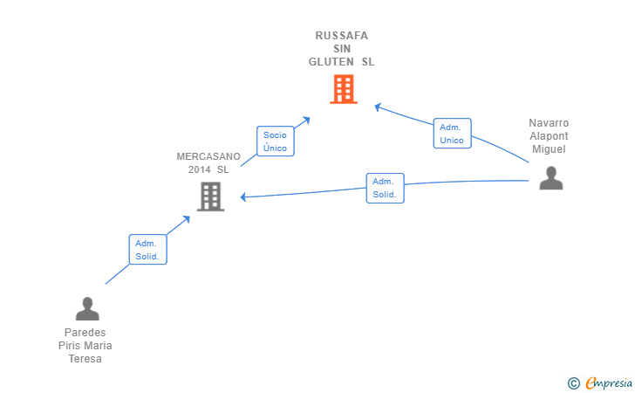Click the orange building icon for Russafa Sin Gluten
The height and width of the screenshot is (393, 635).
(344, 89)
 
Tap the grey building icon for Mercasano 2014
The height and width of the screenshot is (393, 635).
(210, 196)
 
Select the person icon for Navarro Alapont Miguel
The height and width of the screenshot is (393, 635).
(550, 177)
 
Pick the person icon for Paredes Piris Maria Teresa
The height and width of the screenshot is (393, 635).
(87, 308)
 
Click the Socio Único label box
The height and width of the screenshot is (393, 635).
(275, 141)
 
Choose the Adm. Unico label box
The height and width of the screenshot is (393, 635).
(452, 134)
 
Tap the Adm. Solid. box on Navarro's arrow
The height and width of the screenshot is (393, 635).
(385, 188)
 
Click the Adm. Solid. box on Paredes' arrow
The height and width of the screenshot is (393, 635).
(147, 250)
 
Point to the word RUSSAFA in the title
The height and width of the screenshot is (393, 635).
(342, 36)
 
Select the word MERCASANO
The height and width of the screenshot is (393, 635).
(203, 156)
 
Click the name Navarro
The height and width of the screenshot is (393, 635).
(549, 123)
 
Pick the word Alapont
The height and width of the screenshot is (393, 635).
(549, 136)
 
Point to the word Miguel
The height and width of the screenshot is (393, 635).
(549, 149)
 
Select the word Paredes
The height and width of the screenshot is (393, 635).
(85, 333)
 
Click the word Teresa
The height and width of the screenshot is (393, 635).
(85, 359)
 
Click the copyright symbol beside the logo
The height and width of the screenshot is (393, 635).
(573, 383)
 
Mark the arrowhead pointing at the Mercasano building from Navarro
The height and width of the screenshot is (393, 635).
(243, 197)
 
